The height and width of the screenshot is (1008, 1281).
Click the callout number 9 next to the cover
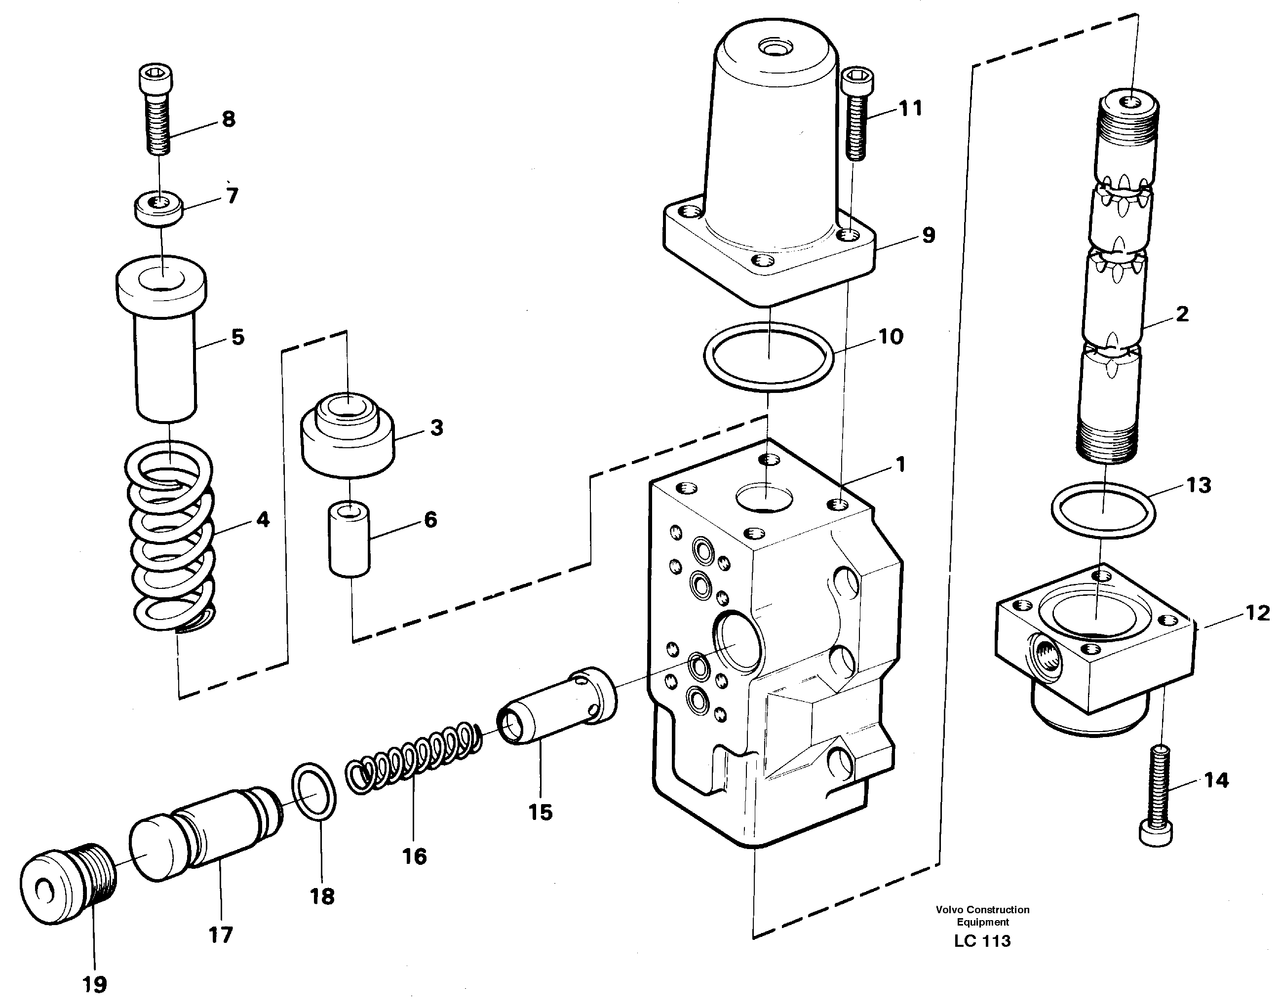[928, 235]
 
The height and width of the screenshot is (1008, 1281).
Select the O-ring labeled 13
[1103, 511]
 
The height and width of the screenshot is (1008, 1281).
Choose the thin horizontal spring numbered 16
[414, 757]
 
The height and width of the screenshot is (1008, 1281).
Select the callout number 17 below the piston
[220, 934]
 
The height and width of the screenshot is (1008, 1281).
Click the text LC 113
[982, 941]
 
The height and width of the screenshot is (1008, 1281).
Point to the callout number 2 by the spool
[1181, 314]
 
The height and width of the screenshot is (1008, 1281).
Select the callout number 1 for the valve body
[900, 465]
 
